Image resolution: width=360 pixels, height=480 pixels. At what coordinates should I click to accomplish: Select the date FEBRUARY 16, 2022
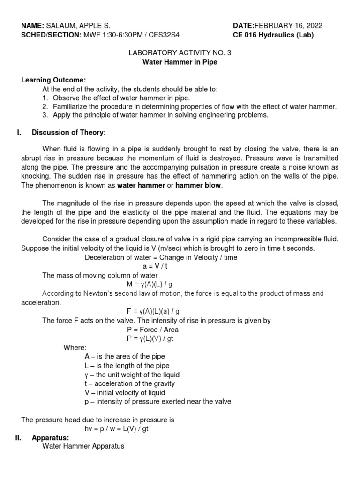pos(288,26)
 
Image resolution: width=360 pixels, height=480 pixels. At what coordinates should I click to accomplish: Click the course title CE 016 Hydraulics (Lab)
pos(273,35)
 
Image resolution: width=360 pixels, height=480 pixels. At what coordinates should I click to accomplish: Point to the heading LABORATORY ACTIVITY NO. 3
pos(180,53)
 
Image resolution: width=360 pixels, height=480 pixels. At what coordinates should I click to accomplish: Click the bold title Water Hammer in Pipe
pos(180,62)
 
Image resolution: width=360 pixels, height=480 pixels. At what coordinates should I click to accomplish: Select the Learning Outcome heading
pos(53,80)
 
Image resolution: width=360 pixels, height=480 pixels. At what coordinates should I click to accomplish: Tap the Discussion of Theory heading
pos(68,133)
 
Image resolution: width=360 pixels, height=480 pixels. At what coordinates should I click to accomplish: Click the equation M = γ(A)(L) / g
pos(153,285)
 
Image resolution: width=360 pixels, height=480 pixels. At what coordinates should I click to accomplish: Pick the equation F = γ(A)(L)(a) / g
pos(153,311)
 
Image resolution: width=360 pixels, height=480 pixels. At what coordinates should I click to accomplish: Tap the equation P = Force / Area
pos(153,330)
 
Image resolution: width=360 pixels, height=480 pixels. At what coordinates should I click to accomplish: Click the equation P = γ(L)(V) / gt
pos(153,338)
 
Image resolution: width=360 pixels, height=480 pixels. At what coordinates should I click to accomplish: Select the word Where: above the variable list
pos(75,348)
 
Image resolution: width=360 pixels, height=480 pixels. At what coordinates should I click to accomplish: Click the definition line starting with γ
pos(132,375)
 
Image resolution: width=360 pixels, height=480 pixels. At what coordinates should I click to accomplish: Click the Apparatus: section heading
pos(50,438)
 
